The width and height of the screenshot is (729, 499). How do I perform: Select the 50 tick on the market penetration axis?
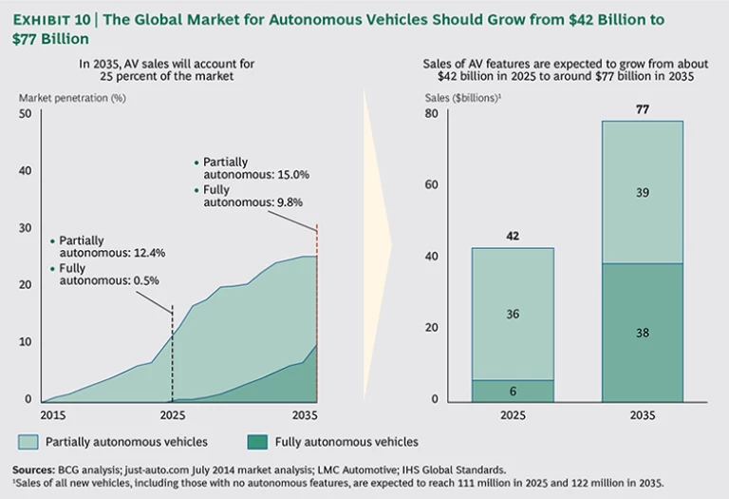pos(26,114)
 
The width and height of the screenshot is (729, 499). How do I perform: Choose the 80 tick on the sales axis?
pos(430,114)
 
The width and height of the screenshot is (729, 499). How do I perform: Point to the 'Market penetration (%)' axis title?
pos(65,97)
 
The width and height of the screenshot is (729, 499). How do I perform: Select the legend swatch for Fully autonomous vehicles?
pos(256,442)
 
